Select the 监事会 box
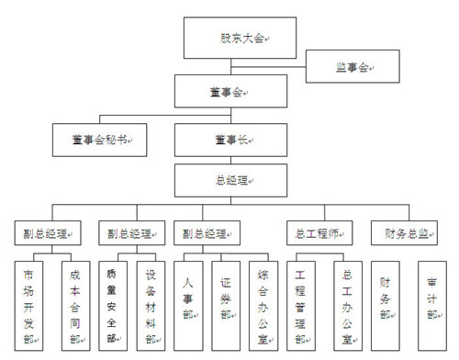pos(353,66)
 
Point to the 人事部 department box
pos(189,298)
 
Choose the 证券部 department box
pos(226,298)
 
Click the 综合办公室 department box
pos(263,298)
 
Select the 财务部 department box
pos(385,298)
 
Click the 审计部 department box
pos(431,298)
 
